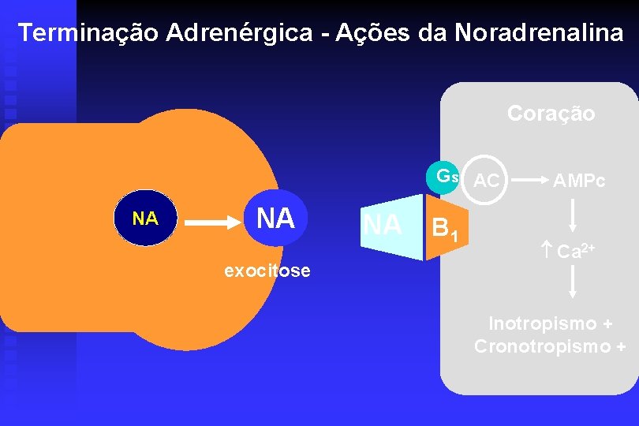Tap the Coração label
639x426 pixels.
[x=551, y=114]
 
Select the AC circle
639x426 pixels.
[x=486, y=181]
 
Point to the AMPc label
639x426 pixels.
[x=578, y=181]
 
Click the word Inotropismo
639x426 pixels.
[x=543, y=323]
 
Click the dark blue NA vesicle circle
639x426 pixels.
[x=144, y=219]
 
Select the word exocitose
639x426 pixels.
[x=267, y=271]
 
